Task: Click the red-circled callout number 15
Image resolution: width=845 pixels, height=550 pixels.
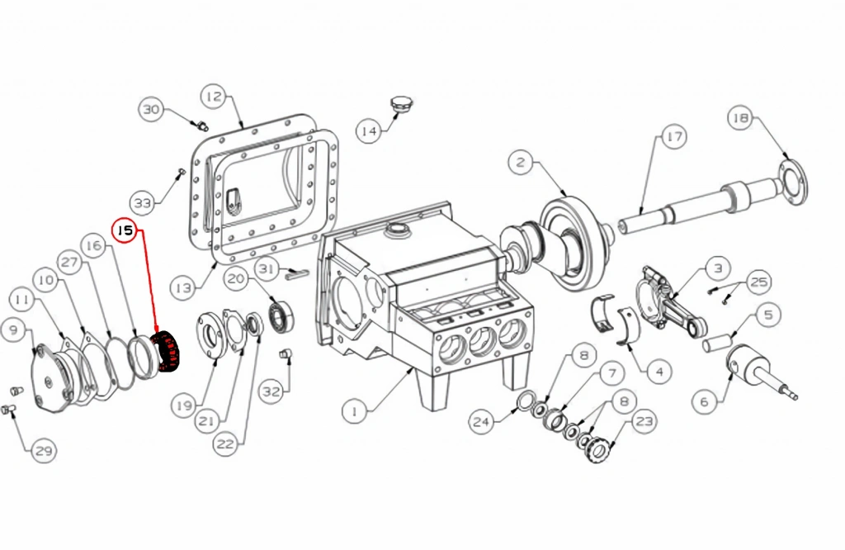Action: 125,230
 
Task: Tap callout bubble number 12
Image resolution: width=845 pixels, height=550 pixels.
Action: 214,97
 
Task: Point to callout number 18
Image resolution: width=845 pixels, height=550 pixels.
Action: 741,118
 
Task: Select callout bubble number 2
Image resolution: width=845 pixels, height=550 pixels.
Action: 521,162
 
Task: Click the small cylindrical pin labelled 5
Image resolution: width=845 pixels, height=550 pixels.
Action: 717,343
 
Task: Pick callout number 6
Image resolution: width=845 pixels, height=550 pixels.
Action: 705,401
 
